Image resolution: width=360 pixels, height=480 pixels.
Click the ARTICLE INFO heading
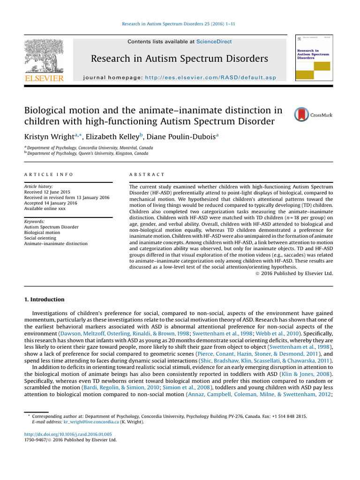tap(48, 174)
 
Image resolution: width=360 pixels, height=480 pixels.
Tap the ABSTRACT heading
tap(147, 174)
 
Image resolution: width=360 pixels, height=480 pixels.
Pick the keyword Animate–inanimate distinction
tap(55, 244)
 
